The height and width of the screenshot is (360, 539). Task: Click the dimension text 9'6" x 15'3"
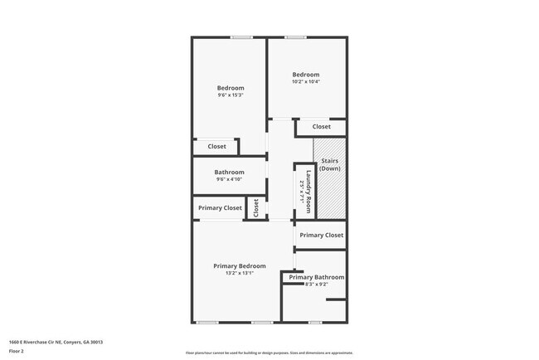point(231,95)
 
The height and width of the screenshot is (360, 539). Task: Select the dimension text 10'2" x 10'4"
point(305,81)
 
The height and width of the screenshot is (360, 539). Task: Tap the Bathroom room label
point(229,173)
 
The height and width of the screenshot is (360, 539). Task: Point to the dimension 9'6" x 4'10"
point(229,179)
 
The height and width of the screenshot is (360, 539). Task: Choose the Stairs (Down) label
point(329,164)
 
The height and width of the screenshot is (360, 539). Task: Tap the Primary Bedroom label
point(240,265)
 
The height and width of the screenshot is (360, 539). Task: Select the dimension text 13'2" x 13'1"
point(240,273)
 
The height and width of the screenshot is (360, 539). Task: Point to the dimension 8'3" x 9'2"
point(317,284)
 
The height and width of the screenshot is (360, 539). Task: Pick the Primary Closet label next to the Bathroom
point(220,207)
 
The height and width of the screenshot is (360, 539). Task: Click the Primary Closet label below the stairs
point(321,235)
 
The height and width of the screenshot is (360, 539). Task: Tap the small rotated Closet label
point(256,207)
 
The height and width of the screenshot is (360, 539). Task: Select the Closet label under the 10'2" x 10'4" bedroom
point(321,127)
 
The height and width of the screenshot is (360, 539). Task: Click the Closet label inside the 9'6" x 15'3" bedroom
point(216,147)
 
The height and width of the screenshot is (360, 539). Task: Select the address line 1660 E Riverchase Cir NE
point(56,342)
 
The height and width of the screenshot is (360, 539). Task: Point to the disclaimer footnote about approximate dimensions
point(269,353)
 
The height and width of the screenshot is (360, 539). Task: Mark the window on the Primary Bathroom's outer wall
point(315,322)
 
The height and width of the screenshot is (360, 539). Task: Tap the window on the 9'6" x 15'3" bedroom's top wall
point(241,36)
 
